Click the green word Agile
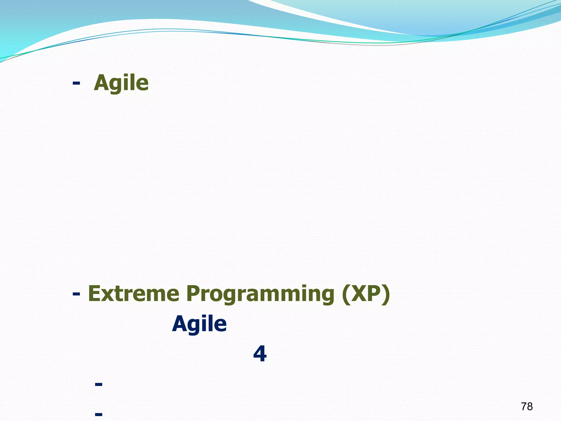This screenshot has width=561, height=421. click(121, 83)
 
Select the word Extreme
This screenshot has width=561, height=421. click(133, 294)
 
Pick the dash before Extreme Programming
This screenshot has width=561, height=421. click(76, 294)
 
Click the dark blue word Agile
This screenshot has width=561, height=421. click(199, 324)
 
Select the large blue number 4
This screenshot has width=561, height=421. click(260, 354)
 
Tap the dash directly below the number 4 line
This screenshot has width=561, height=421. click(98, 384)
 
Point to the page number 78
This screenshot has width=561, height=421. click(527, 406)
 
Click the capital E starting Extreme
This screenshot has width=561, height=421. click(95, 294)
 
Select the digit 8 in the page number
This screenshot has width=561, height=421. click(530, 406)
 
